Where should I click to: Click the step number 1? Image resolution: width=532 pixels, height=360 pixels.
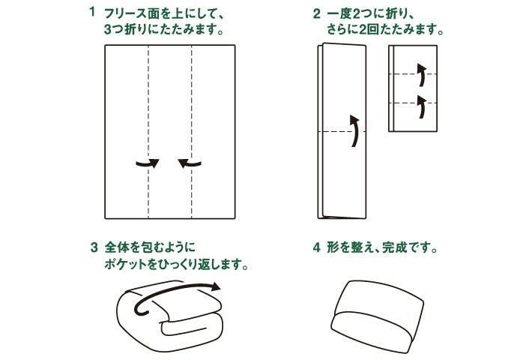tap(92, 13)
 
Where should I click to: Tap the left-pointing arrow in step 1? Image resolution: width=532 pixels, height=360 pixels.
tap(191, 162)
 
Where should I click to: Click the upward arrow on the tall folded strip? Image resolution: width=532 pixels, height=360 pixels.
tap(354, 132)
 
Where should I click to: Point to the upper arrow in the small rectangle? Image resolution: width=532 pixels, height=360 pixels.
tap(421, 75)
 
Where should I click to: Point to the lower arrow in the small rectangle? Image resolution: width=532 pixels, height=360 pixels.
tap(421, 106)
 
